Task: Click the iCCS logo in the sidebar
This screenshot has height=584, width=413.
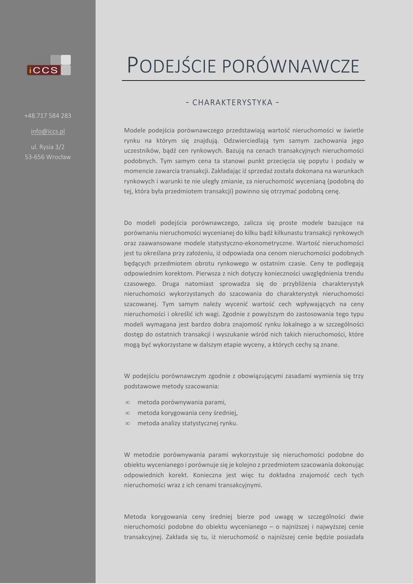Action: coord(48,66)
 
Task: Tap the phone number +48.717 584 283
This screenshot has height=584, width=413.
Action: coord(48,116)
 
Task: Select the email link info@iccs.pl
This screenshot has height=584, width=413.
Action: coord(48,131)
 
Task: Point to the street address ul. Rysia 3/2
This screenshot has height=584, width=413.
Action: coord(48,147)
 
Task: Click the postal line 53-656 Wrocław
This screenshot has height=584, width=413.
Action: coord(48,157)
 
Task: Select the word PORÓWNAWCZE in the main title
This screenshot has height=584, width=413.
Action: coord(290,66)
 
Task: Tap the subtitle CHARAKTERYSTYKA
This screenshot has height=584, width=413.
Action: coord(232,103)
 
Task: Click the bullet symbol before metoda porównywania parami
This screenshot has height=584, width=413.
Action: coord(127,402)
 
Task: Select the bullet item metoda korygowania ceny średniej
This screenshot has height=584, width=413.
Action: coord(187,412)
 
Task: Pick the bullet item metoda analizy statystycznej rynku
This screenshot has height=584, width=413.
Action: coord(187,423)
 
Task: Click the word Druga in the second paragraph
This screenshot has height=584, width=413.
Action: coord(172,283)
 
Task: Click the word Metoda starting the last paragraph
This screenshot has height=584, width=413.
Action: coord(135,516)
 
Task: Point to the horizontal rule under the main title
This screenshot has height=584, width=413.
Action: coord(243,81)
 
